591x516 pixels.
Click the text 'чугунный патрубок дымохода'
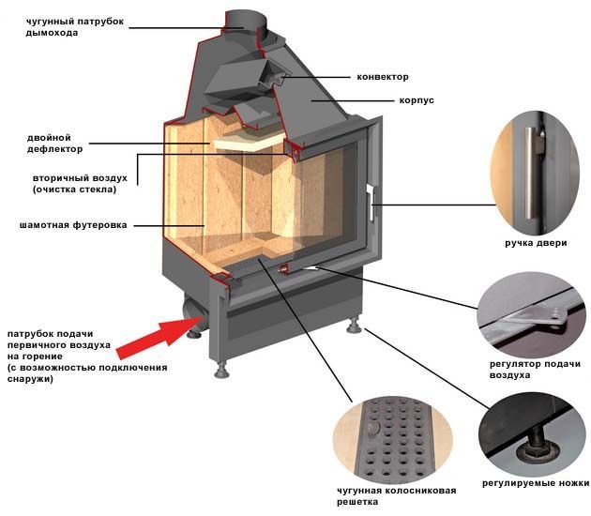pos(64,26)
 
